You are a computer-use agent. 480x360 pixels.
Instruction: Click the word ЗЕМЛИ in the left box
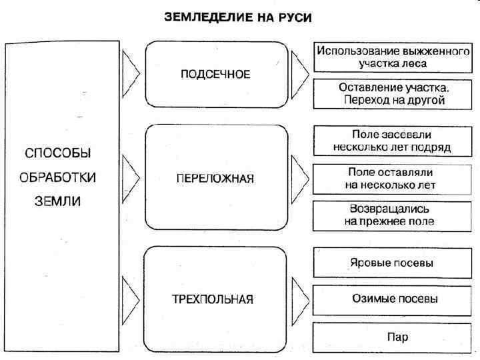[57, 201]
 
